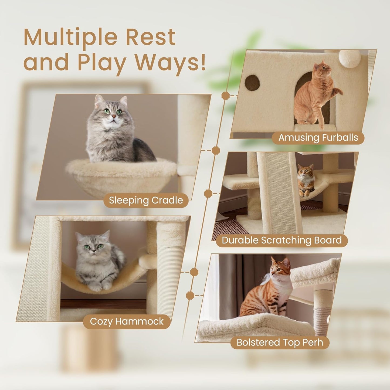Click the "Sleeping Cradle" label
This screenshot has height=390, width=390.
click(x=146, y=201)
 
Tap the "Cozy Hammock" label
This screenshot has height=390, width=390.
click(x=127, y=321)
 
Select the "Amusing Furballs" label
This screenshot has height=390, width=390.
click(x=318, y=138)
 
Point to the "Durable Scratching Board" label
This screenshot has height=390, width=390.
click(x=282, y=240)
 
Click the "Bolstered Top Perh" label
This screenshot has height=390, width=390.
click(x=280, y=342)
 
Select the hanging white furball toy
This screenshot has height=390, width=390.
click(x=350, y=58)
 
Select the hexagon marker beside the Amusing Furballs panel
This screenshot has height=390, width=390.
click(x=225, y=96)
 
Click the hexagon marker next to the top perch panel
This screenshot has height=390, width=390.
click(x=190, y=296)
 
